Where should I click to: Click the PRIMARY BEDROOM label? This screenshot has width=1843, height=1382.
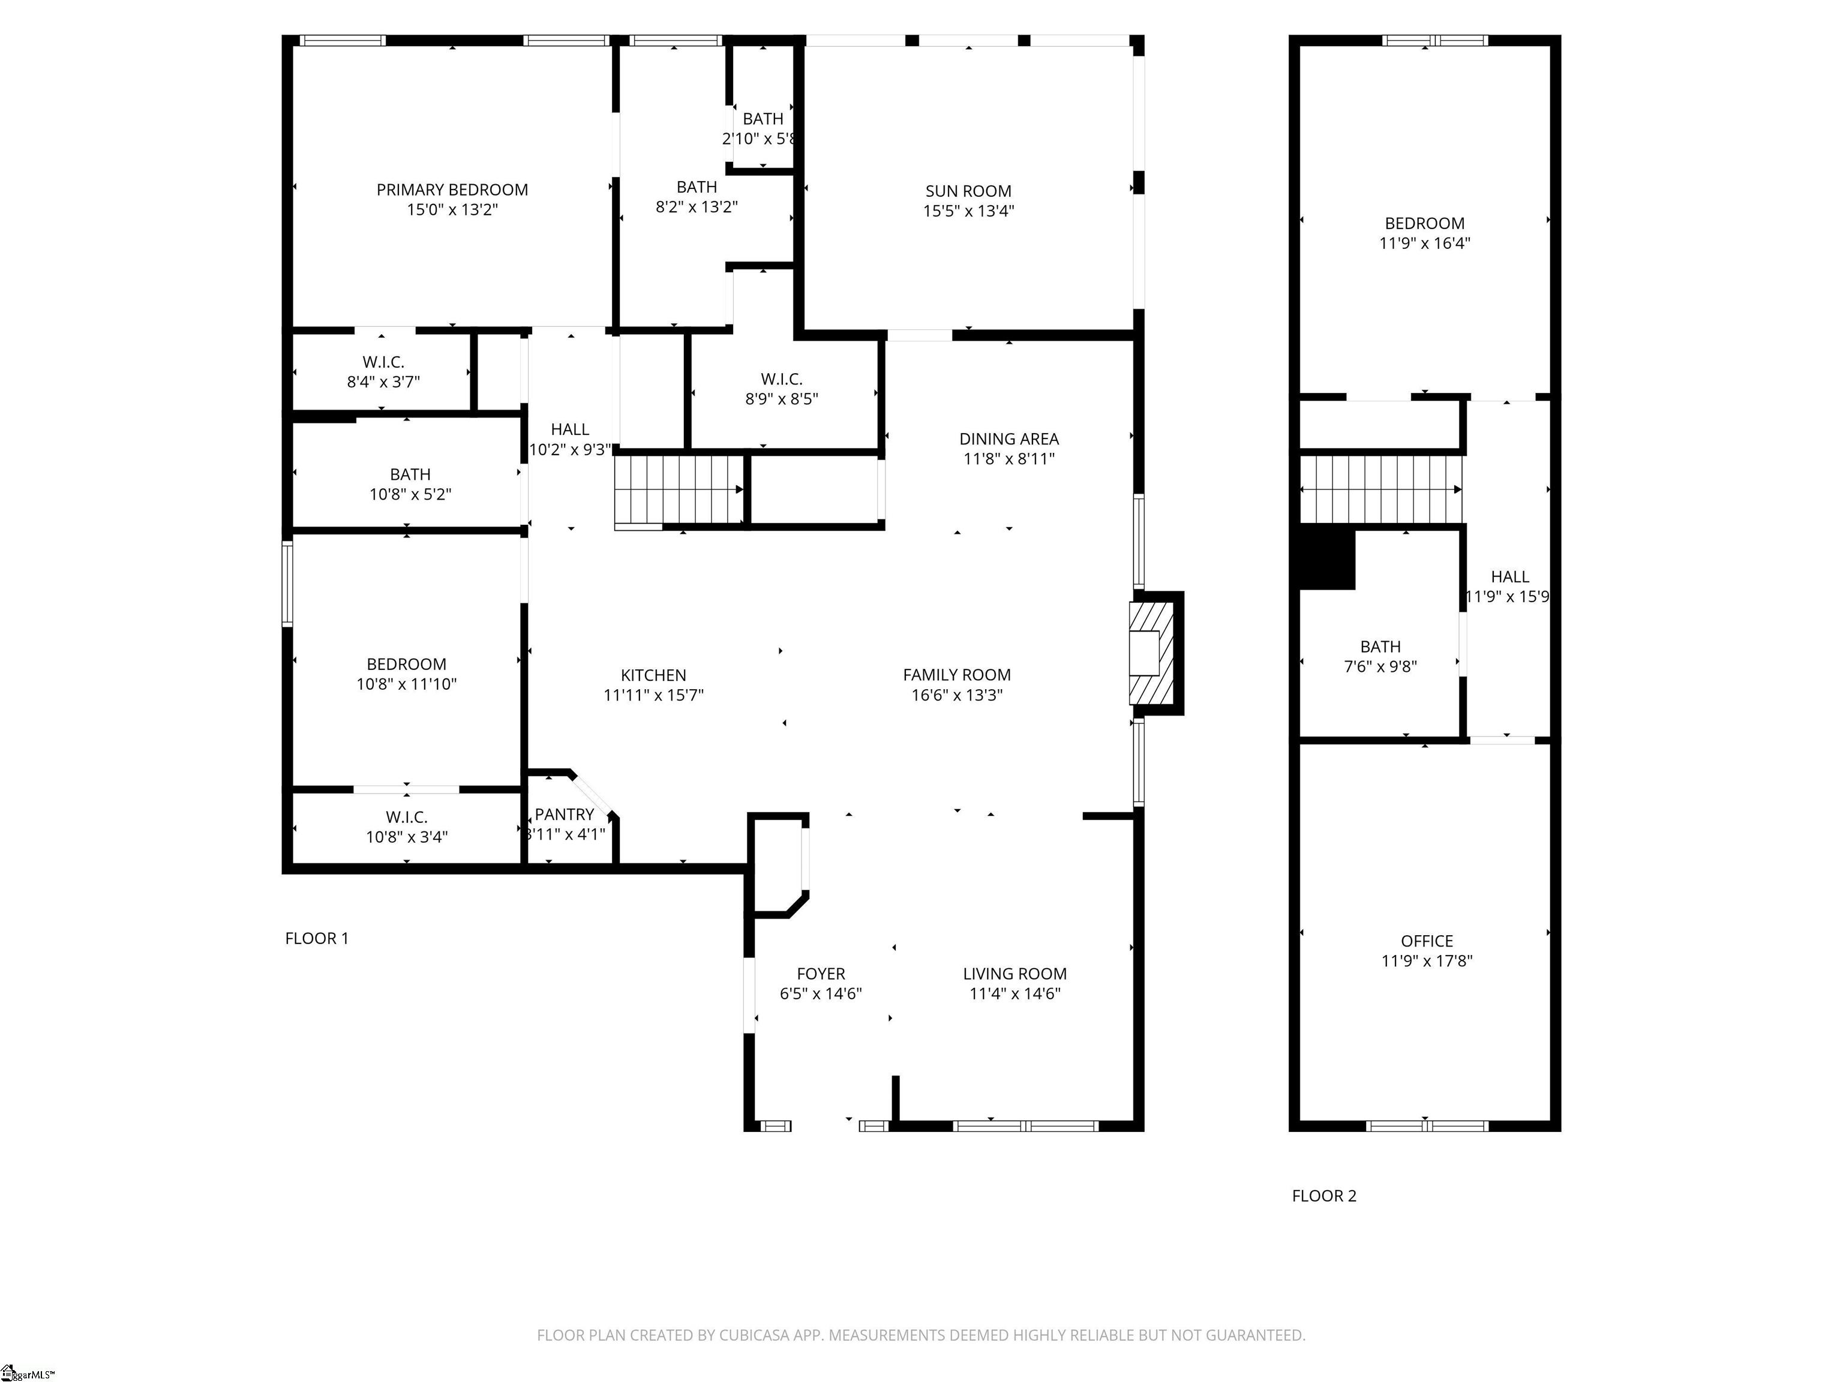452,190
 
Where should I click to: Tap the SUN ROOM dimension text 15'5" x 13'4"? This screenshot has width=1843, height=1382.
968,211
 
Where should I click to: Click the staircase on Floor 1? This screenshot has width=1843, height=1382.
679,490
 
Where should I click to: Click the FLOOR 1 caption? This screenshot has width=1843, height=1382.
317,938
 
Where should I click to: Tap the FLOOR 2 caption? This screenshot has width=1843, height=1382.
1324,1196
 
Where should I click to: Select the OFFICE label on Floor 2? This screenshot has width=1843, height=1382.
1427,941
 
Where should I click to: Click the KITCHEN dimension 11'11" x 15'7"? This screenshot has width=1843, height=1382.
653,695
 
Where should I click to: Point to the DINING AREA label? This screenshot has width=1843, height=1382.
1009,439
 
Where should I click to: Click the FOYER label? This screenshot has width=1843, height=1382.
821,973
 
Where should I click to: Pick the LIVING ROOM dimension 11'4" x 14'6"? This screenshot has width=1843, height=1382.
1015,993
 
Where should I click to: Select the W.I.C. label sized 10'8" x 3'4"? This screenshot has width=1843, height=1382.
407,817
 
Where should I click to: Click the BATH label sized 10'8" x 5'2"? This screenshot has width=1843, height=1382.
410,474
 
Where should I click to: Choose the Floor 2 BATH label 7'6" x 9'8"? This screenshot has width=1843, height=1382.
1380,647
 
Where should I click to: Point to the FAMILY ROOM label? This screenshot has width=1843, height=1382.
956,675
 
